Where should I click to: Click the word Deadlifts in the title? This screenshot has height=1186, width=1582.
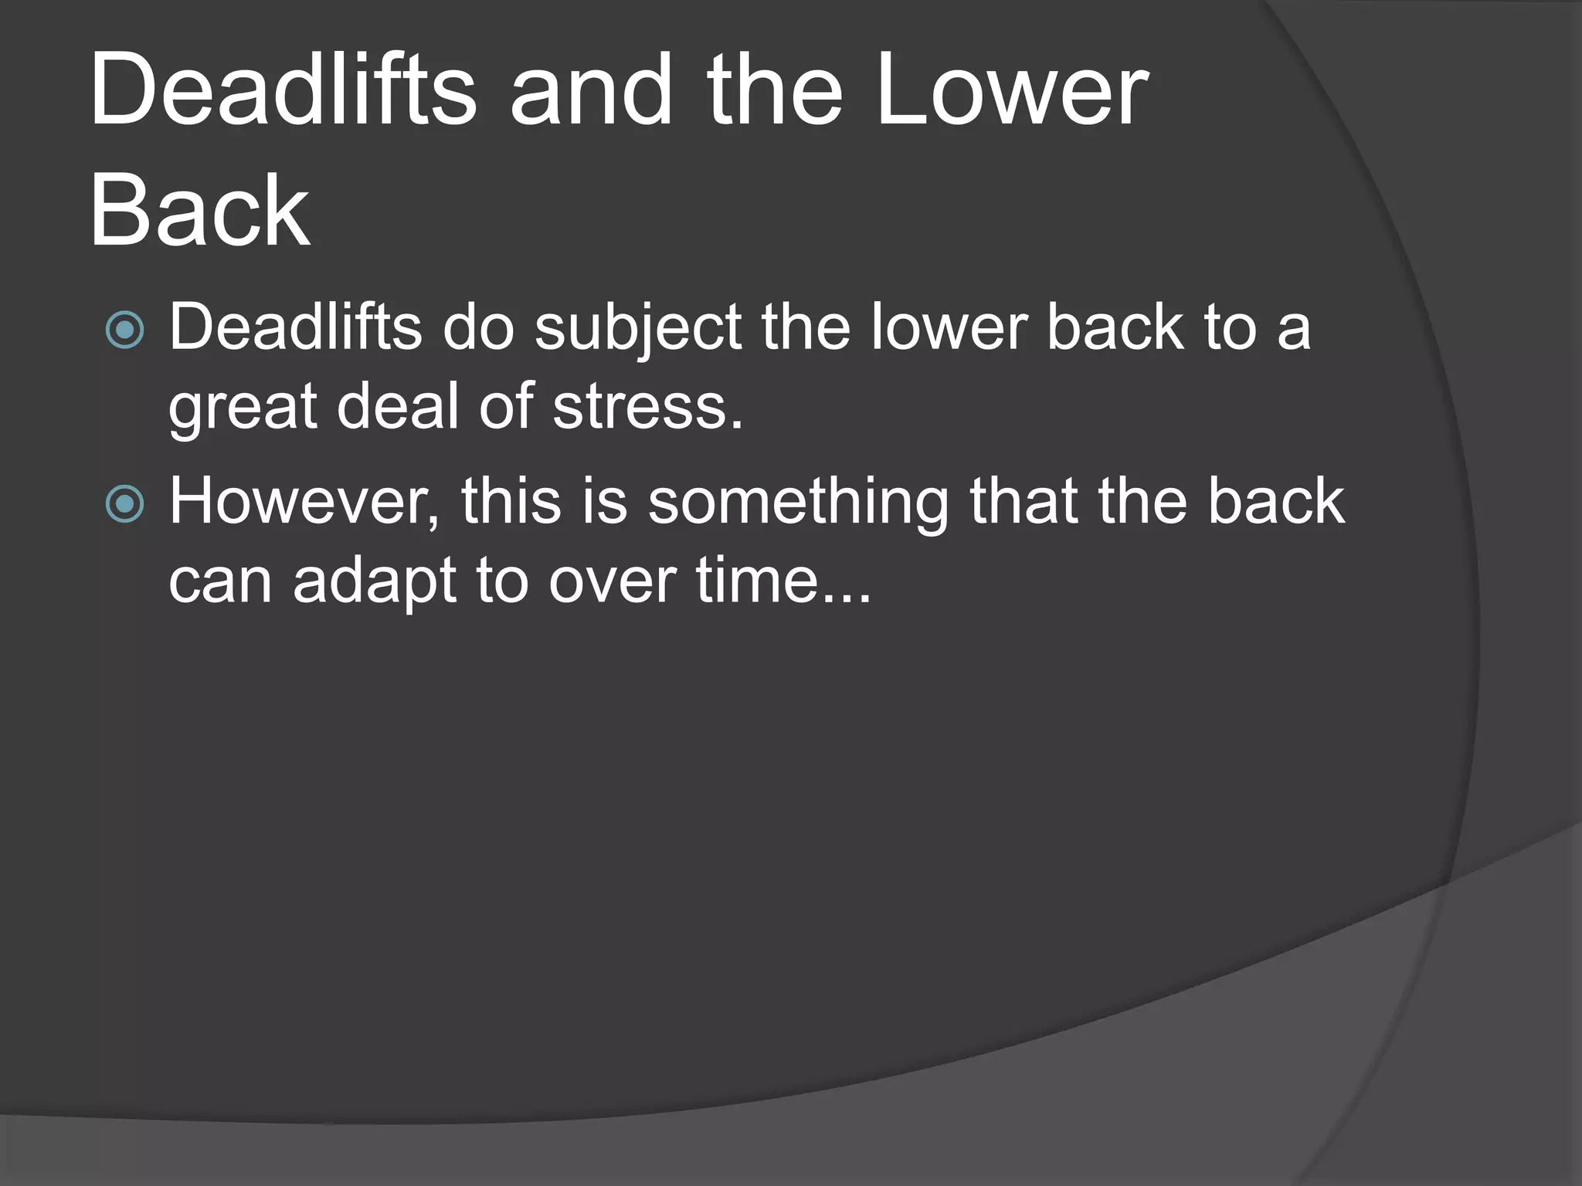[283, 91]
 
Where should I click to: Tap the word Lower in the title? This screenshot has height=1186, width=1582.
[1012, 91]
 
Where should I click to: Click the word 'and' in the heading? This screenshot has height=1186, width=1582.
[592, 91]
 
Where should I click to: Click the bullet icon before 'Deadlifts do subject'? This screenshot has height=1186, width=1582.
[124, 330]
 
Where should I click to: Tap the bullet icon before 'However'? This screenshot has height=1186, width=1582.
[124, 504]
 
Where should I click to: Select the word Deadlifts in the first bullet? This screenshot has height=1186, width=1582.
[295, 327]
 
